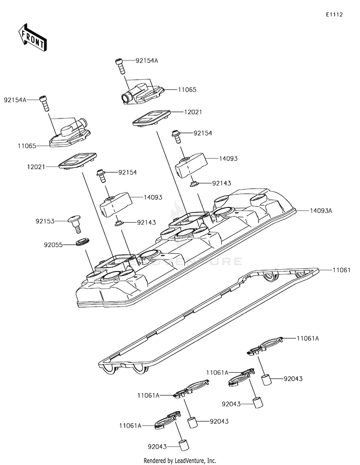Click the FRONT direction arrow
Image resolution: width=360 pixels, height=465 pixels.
pos(32,37)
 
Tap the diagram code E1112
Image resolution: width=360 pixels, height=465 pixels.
pos(335,15)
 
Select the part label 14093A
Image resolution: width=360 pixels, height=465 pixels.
pos(321,211)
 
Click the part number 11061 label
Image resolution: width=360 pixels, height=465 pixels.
pos(341,270)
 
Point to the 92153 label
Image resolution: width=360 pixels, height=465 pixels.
pos(45,221)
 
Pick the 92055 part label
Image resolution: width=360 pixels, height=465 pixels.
pos(53,245)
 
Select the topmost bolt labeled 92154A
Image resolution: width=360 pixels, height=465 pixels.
pos(120,66)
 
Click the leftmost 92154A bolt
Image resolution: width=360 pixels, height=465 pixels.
pos(44,103)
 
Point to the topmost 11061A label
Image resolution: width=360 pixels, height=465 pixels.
pos(308,338)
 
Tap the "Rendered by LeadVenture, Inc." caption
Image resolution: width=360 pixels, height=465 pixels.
pos(180,461)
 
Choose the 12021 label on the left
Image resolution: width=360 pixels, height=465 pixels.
pos(36,167)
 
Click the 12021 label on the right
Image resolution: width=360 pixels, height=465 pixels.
pos(193,112)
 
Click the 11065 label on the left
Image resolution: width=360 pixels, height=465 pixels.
pos(27,146)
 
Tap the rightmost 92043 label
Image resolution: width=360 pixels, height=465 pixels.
pos(293,379)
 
